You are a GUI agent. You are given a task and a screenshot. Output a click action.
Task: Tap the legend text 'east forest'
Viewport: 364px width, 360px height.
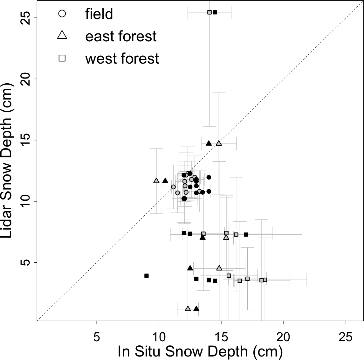[121, 36]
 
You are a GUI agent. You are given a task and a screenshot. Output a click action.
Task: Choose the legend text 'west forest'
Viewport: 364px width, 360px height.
[122, 59]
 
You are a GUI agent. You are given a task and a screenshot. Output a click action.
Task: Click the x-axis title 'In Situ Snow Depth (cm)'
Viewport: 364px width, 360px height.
[200, 351]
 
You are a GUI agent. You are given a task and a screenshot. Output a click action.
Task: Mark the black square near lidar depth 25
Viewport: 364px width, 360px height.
[215, 12]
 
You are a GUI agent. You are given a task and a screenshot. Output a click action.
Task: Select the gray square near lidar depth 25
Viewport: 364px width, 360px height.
[209, 12]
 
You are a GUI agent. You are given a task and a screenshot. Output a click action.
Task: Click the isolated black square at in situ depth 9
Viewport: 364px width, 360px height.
[147, 276]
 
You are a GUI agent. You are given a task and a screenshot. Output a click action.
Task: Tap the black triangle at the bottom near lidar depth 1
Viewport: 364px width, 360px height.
[196, 308]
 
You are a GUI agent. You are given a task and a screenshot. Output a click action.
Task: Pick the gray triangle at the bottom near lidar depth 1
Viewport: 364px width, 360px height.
[188, 308]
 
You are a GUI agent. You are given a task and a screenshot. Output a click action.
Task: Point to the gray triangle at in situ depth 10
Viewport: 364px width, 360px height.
[156, 181]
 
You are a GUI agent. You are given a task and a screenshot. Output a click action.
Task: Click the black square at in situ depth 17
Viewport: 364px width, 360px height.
[246, 234]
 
